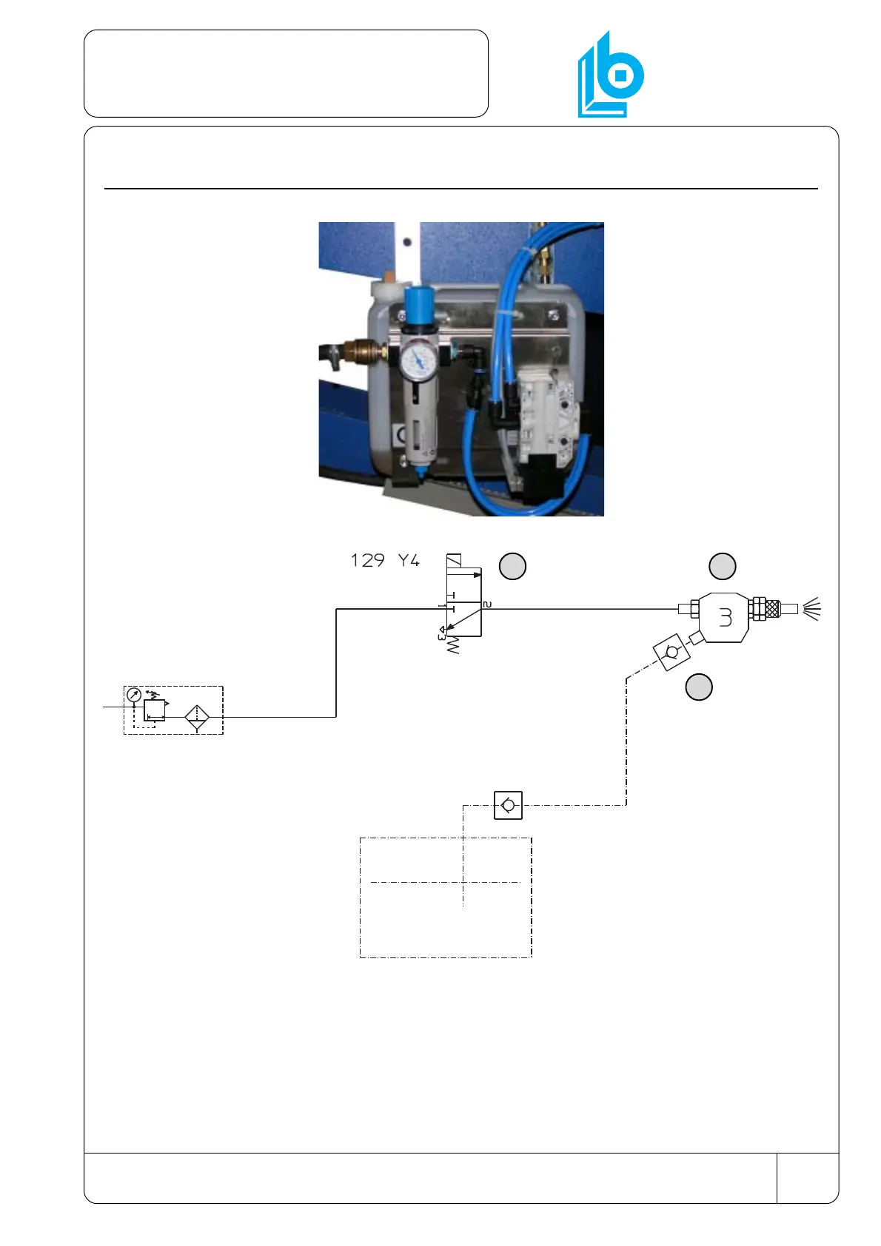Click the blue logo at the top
pos(610,75)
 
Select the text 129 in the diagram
pos(367,560)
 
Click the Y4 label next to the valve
pos(408,560)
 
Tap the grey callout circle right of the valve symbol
pos(512,566)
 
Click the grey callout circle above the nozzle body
pos(723,566)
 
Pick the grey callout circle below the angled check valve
pos(699,687)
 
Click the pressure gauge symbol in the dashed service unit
pos(134,695)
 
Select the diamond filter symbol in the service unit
pos(197,717)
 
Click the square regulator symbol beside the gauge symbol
pos(155,710)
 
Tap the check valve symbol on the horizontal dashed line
pos(508,805)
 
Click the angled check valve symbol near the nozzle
pos(671,653)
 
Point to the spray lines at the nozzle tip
pos(811,609)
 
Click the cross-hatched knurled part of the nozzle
pos(772,609)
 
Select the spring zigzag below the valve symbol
pos(452,645)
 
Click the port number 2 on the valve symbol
pos(487,605)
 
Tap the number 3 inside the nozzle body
pos(726,617)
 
